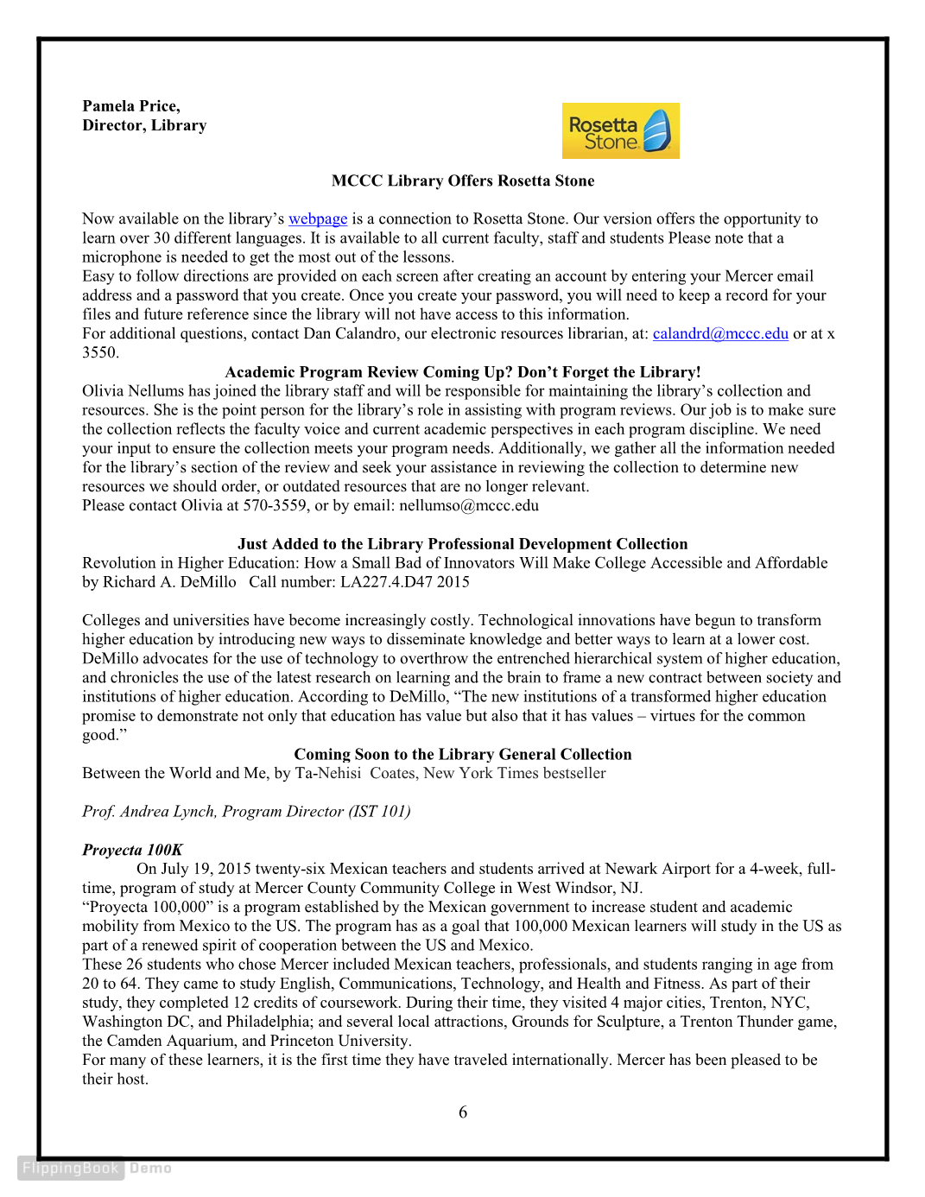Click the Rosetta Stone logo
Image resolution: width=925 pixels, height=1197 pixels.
620,130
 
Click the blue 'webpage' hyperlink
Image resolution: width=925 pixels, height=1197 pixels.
318,219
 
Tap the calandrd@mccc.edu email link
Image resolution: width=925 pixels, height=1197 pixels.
720,334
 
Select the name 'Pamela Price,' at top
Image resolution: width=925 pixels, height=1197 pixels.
131,106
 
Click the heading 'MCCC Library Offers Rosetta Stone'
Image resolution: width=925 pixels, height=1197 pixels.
463,181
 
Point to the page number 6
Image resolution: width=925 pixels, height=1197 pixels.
463,1112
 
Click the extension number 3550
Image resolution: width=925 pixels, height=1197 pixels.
99,353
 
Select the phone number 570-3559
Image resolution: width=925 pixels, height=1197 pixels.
274,506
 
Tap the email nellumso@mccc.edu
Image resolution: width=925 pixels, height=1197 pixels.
469,506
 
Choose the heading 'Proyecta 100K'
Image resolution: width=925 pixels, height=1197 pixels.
132,850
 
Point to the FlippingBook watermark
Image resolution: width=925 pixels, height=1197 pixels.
71,1168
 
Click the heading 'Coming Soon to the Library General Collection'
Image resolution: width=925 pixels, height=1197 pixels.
463,755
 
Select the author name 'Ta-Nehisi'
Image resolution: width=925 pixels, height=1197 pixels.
328,774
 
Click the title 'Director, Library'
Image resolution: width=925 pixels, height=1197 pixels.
144,126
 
